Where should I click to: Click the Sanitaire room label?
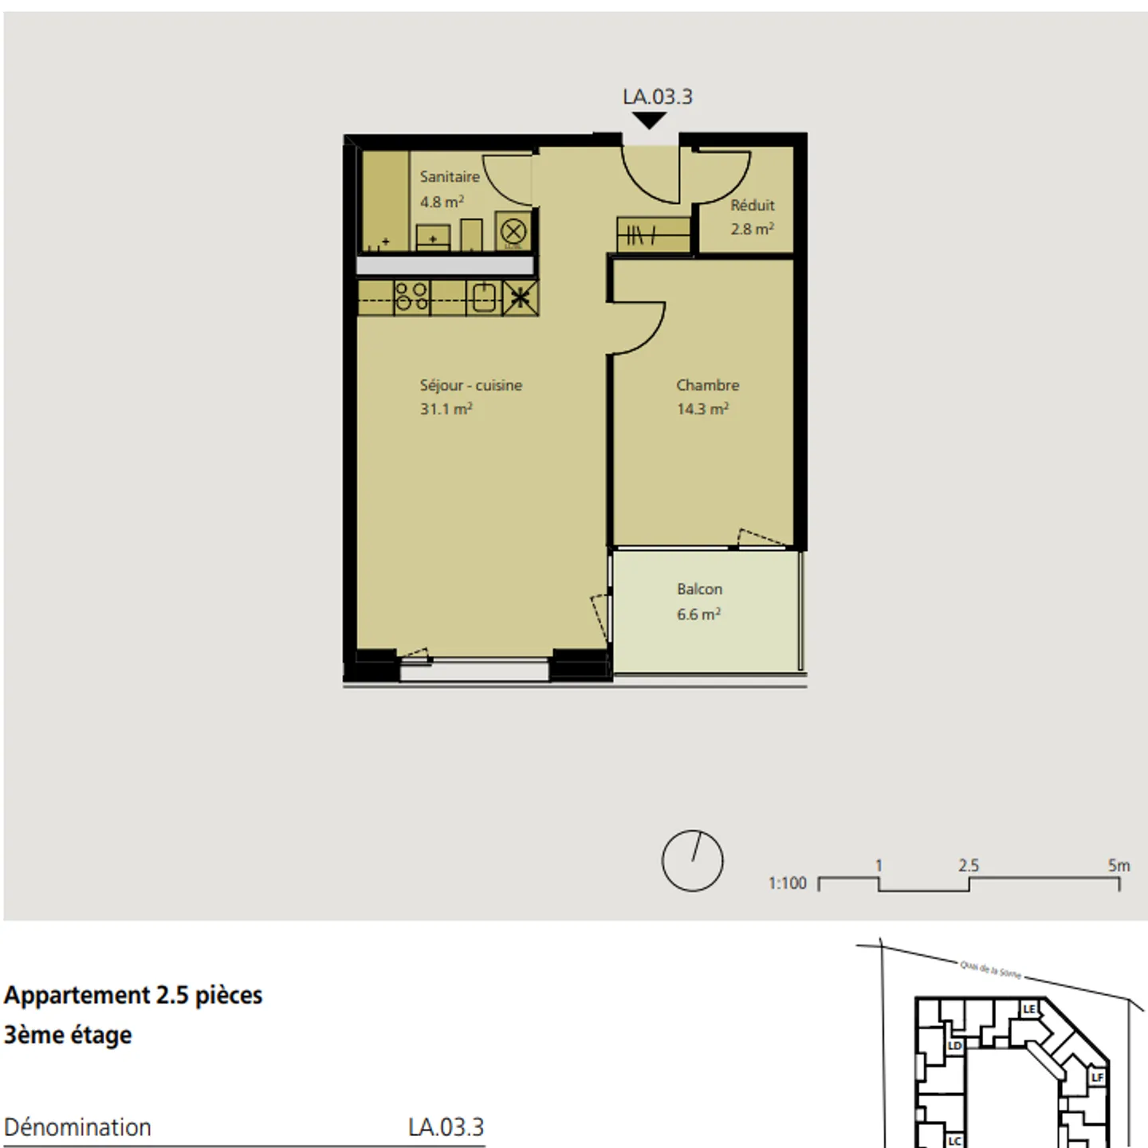pos(450,176)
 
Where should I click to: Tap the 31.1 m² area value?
pos(446,409)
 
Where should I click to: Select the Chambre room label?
pos(707,385)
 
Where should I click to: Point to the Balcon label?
pos(699,589)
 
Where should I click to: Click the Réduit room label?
pos(752,205)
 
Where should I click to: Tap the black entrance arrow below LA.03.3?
pos(650,120)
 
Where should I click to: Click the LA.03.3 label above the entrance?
pos(657,96)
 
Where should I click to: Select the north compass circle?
pos(692,861)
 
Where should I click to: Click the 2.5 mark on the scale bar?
pos(968,866)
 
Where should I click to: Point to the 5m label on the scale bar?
pos(1119,865)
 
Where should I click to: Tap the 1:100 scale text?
pos(787,883)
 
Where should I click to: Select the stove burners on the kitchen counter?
pos(412,297)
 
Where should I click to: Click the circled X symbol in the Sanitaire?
pos(513,232)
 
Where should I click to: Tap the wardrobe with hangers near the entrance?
pos(653,235)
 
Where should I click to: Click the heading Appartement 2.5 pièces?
pos(133,995)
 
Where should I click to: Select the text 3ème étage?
pos(68,1035)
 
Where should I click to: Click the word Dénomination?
pos(77,1127)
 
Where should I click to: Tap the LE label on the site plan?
pos(1028,1009)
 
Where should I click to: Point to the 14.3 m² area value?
pos(702,409)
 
